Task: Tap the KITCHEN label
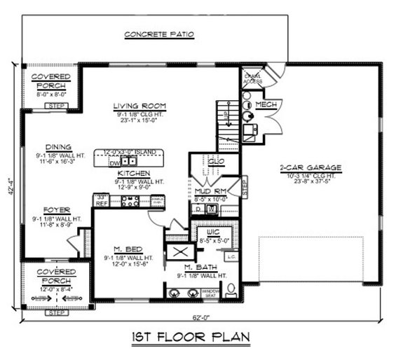tap(131, 172)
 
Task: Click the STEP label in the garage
tap(245, 188)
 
